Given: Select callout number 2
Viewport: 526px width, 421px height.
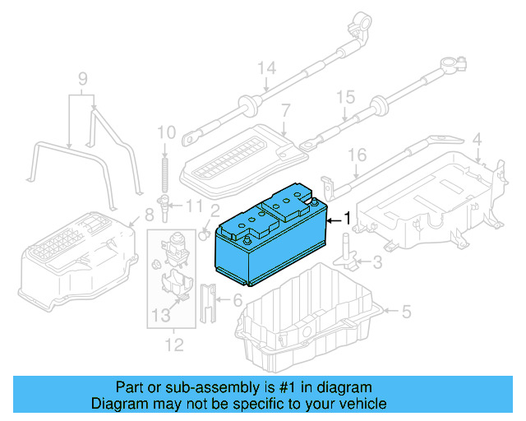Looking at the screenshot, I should click(x=214, y=210).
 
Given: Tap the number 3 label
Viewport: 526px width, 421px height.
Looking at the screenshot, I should click(x=377, y=263).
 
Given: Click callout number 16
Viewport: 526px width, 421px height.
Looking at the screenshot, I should click(x=355, y=155).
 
